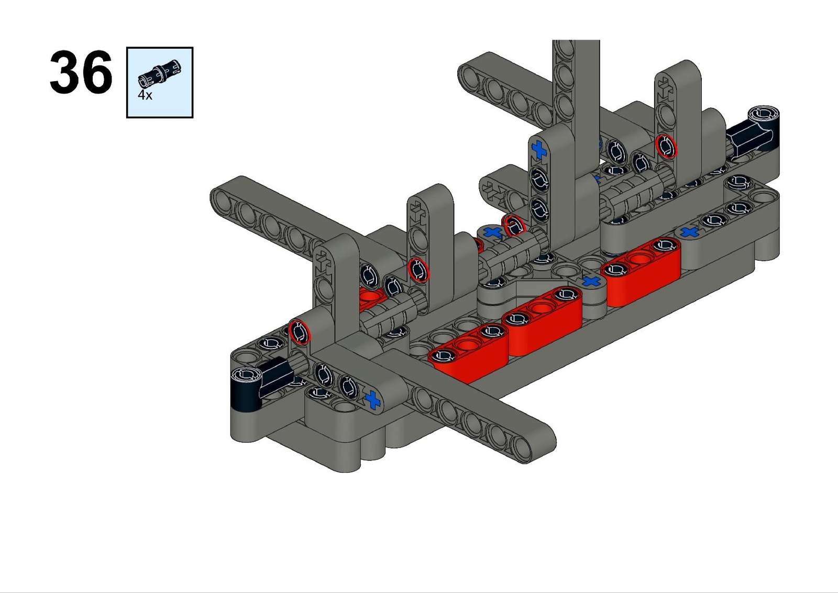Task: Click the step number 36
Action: pyautogui.click(x=81, y=73)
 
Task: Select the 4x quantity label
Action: pyautogui.click(x=145, y=95)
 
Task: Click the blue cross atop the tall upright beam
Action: pyautogui.click(x=539, y=150)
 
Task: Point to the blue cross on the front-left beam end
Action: pyautogui.click(x=372, y=400)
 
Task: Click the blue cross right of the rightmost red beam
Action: pyautogui.click(x=689, y=232)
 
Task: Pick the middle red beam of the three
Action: pyautogui.click(x=543, y=320)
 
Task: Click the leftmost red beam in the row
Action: pyautogui.click(x=469, y=353)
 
